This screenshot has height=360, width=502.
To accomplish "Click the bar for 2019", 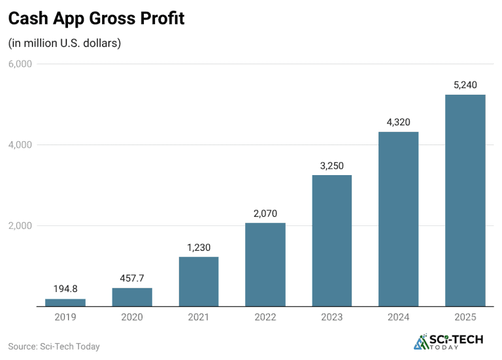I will tap(65, 303).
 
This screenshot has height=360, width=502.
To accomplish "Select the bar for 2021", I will tap(199, 282).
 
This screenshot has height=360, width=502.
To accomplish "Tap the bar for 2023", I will tap(332, 240).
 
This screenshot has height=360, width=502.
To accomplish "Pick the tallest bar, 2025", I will tap(465, 201).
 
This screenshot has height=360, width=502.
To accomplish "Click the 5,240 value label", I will tap(465, 84).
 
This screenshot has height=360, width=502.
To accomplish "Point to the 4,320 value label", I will tap(399, 122).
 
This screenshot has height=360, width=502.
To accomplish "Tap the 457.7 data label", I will tap(132, 278).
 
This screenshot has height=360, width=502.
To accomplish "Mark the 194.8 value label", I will tap(65, 288).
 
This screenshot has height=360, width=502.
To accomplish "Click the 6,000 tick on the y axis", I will tap(20, 64).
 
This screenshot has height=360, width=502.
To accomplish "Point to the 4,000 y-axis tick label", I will tap(20, 145).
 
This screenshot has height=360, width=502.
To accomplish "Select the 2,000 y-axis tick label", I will tap(20, 226).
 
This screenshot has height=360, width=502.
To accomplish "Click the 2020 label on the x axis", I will tap(132, 317).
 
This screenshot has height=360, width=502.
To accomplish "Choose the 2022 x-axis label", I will tap(265, 317).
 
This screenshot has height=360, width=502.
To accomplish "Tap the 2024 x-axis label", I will tap(399, 317).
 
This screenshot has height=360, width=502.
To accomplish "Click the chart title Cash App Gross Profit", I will tap(96, 19).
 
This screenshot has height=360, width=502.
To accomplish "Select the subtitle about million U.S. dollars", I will tap(65, 44).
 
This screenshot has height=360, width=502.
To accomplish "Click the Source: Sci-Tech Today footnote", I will tap(54, 346).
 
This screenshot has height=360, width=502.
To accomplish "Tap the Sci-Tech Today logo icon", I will tap(422, 342).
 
